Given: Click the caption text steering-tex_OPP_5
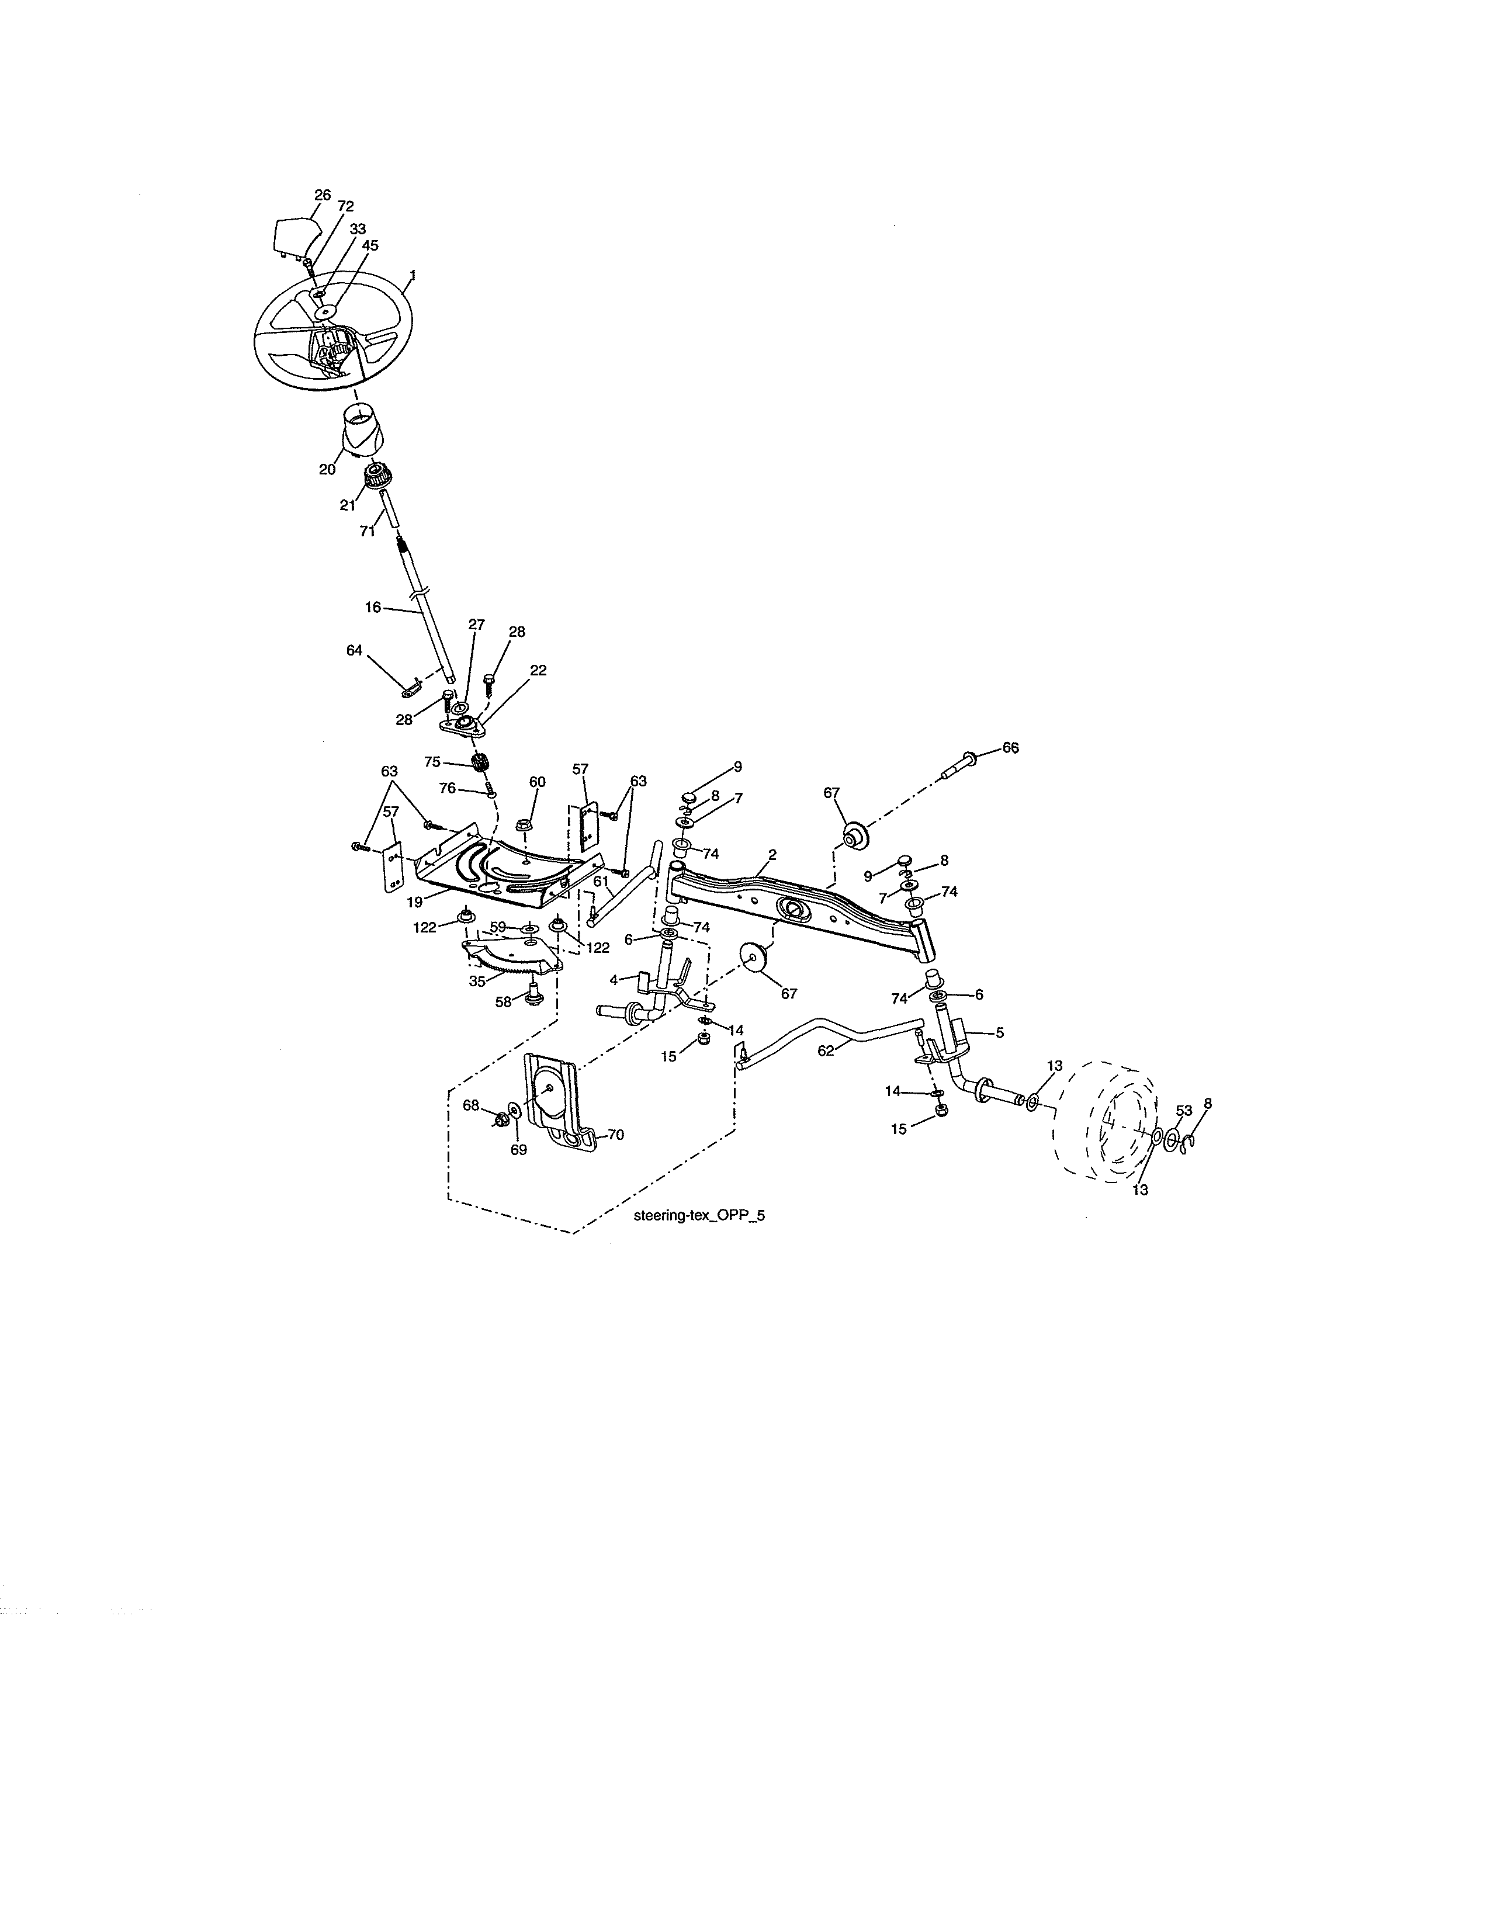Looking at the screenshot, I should click(699, 1215).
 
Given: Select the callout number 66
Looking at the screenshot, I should click(1010, 748).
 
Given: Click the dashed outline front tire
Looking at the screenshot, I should click(1105, 1123).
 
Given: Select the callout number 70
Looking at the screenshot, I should click(615, 1135).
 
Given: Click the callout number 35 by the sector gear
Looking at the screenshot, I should click(477, 980).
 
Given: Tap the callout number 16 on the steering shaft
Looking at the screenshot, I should click(373, 608).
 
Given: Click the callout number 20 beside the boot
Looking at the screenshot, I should click(327, 470).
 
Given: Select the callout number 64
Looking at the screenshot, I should click(354, 650).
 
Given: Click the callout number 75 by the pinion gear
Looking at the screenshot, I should click(432, 761).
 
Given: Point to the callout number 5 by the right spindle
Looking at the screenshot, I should click(999, 1031).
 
